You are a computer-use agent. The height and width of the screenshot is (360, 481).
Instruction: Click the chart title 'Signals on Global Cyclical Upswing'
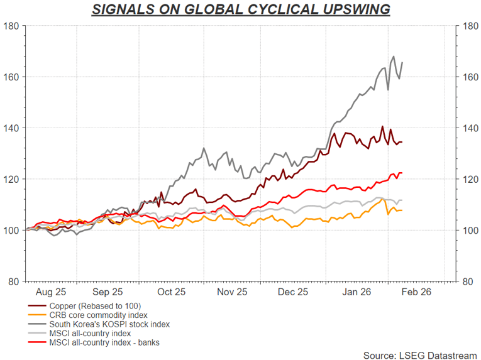(x=240, y=9)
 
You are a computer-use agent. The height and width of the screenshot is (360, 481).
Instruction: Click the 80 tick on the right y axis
(x=468, y=281)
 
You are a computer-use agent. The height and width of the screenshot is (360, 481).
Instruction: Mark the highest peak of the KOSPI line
(x=394, y=57)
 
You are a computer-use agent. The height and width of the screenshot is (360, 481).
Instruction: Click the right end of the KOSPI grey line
(x=402, y=62)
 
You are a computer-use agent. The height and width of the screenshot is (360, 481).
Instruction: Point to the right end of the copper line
(x=402, y=142)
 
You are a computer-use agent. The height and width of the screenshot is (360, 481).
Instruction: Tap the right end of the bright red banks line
(x=402, y=173)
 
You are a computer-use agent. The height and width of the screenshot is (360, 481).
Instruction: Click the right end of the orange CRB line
(x=402, y=210)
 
